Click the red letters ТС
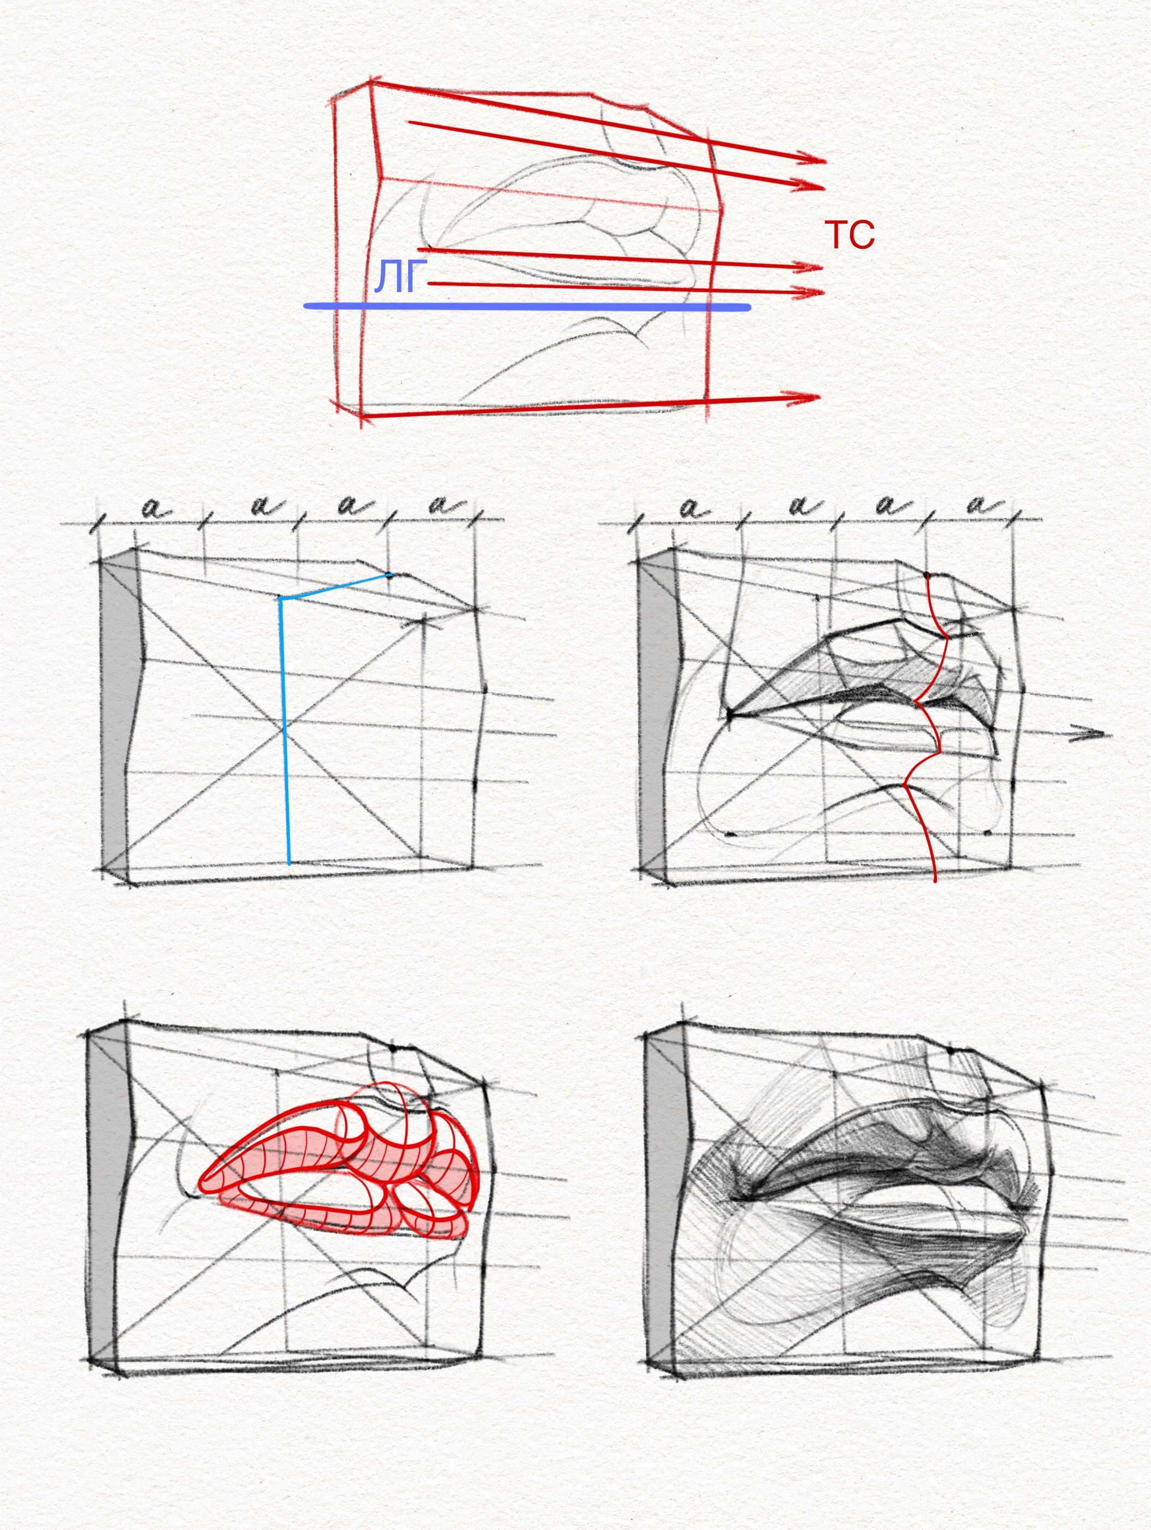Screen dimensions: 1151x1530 849,235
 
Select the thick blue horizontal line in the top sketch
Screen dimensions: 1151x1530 527,306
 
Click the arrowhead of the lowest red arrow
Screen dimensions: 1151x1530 804,398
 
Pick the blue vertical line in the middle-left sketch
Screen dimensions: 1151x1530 285,730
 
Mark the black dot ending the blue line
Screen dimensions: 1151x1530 389,575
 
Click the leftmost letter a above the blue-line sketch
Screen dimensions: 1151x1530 156,510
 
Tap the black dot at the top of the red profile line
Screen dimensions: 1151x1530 926,575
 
